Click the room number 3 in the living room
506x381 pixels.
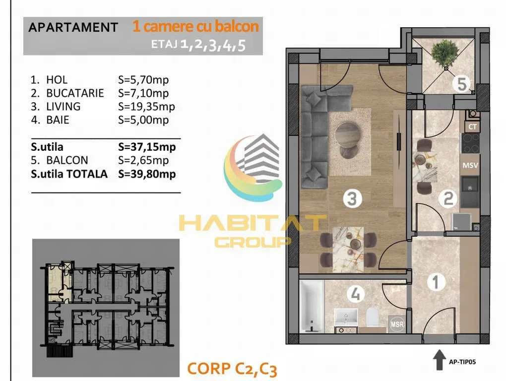click(x=352, y=198)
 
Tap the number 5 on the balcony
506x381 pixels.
click(x=462, y=84)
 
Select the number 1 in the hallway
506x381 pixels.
click(x=436, y=282)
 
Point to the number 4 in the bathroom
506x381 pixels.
click(x=356, y=294)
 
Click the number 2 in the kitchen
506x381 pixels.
click(x=448, y=198)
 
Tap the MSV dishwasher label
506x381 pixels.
click(x=470, y=166)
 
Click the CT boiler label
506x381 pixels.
click(x=472, y=127)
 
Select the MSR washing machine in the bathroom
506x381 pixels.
click(x=397, y=323)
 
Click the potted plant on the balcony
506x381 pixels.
click(x=445, y=54)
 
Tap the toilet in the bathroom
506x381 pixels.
click(x=372, y=317)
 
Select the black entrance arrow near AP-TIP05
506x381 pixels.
click(x=439, y=360)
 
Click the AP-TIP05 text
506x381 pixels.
click(x=462, y=362)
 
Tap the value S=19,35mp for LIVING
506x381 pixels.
click(x=146, y=107)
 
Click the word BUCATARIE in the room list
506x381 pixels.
click(x=75, y=93)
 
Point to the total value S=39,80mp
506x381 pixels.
click(x=147, y=174)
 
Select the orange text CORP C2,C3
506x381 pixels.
click(x=232, y=369)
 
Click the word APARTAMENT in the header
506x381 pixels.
click(x=73, y=27)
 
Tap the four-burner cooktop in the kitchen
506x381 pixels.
click(x=470, y=143)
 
